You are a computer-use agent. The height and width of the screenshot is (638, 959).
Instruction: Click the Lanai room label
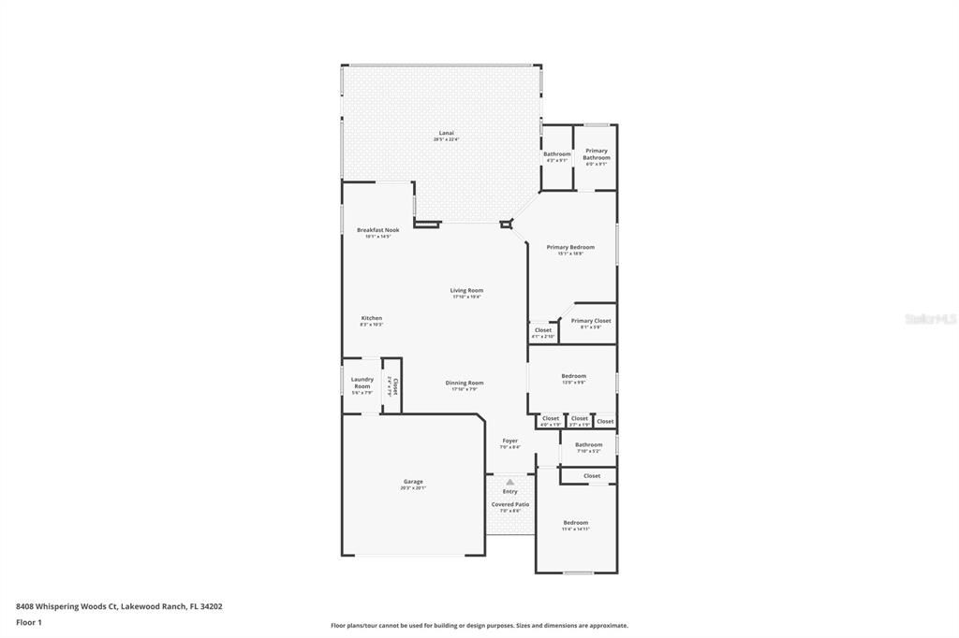click(446, 133)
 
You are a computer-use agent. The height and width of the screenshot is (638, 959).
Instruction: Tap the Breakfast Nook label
click(377, 230)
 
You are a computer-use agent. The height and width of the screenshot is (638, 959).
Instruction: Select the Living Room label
click(466, 291)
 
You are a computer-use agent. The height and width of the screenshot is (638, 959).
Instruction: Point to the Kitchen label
click(372, 318)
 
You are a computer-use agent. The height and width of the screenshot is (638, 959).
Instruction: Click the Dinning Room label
click(464, 383)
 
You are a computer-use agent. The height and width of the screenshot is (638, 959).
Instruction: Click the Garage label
click(413, 482)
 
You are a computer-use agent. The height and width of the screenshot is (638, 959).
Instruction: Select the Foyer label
click(509, 441)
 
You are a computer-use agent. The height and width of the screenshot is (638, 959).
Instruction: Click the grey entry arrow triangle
click(509, 483)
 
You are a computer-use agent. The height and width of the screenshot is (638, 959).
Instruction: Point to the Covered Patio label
click(510, 504)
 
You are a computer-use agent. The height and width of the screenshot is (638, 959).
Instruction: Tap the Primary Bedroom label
click(570, 247)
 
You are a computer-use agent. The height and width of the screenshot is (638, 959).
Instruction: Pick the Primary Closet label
click(591, 321)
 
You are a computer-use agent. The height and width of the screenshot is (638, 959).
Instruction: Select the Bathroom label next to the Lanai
click(557, 154)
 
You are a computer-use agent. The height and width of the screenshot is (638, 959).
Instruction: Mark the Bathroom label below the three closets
click(589, 444)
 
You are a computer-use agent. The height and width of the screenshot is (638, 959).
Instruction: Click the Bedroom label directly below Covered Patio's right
click(576, 522)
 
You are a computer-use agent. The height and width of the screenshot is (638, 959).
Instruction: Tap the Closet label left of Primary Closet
click(543, 330)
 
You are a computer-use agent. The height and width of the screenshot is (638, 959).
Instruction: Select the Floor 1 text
click(29, 622)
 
